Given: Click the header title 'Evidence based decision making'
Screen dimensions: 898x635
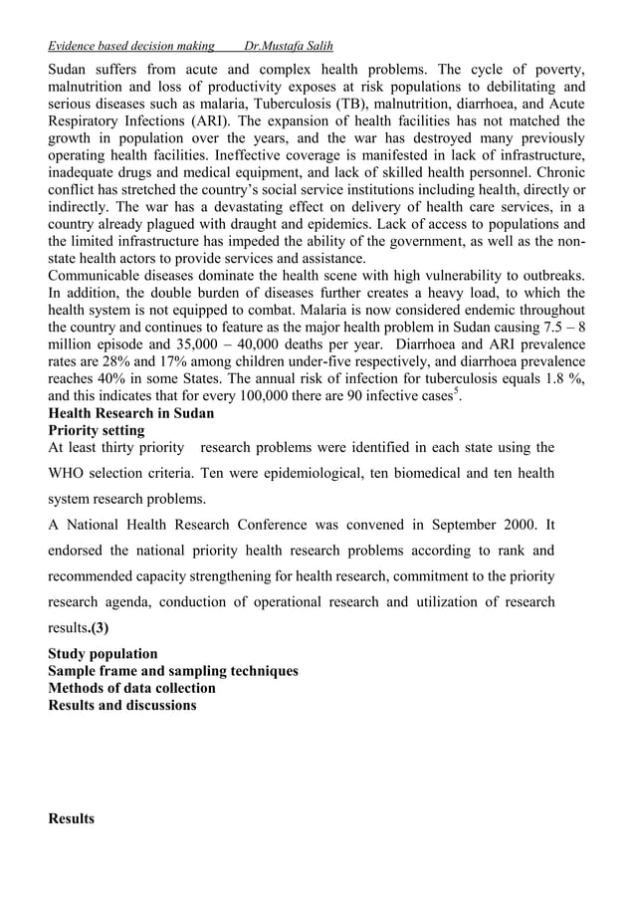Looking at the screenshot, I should tap(131, 46).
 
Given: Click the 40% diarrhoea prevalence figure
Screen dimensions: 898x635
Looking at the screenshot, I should tap(117, 395).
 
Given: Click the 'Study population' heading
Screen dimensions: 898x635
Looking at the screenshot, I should tap(103, 654).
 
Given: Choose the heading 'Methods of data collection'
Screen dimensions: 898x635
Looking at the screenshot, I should tap(131, 688).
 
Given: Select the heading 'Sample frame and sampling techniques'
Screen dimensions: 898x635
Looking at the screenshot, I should tap(173, 671).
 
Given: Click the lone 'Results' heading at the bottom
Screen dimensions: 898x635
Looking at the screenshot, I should tap(72, 818).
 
